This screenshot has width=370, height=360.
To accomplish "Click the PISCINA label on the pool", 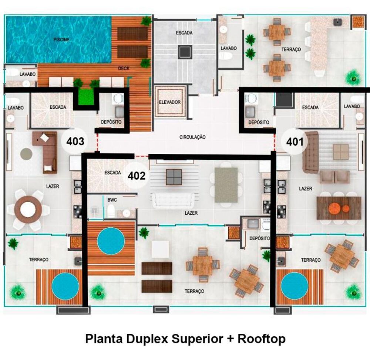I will (x=61, y=39).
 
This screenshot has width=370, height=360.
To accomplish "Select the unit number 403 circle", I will (x=75, y=141).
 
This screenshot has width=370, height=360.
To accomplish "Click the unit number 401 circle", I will (x=295, y=141).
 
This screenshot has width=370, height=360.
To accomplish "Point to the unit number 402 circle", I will (x=137, y=176).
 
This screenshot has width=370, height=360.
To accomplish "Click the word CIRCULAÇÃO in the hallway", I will (x=192, y=137).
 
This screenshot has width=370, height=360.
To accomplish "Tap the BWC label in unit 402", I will (x=112, y=200).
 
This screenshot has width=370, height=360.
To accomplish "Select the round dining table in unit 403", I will (x=28, y=210).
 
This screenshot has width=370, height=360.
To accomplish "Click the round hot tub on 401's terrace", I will (x=295, y=286).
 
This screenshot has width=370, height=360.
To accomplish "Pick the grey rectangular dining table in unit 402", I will (x=226, y=185).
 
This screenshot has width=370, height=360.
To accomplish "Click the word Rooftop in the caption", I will (x=262, y=339).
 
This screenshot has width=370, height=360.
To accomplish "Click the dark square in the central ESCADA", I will (x=185, y=52).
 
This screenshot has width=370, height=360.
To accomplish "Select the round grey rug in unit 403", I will (x=26, y=154).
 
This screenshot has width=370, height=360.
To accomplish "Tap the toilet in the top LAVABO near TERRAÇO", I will (x=225, y=56).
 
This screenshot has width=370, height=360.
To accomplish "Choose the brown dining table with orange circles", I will (x=339, y=208).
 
